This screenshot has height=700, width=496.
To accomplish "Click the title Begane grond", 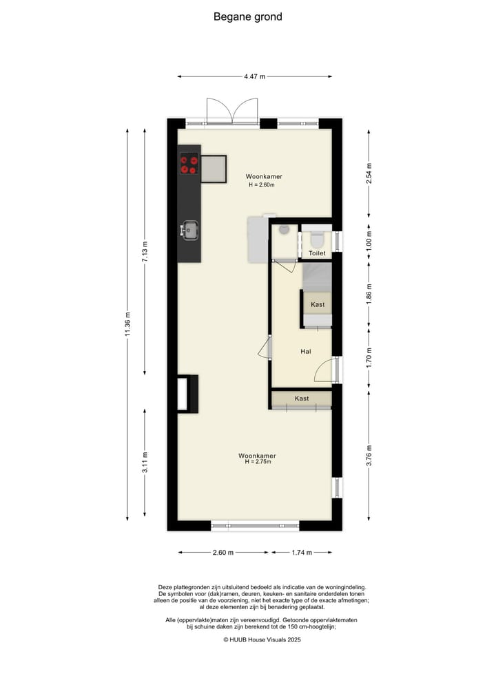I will [247, 17].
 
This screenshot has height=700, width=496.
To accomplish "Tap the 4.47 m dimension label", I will [254, 77].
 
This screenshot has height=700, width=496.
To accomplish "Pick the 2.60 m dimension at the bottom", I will [223, 552].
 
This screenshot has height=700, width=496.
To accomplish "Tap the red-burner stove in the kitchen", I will [189, 165].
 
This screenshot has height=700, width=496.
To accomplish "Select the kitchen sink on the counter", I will [189, 229].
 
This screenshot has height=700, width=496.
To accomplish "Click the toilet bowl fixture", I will [317, 239].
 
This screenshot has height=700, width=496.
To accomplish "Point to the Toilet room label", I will [317, 253].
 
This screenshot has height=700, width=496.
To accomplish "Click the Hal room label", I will [306, 351].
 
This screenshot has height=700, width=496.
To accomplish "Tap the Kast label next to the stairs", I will [318, 304].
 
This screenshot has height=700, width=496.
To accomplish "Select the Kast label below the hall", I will [302, 399].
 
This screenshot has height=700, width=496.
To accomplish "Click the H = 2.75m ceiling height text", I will [258, 462].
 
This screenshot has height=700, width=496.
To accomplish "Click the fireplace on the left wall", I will [186, 394].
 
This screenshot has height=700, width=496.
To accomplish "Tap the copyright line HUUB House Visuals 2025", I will [262, 639].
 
